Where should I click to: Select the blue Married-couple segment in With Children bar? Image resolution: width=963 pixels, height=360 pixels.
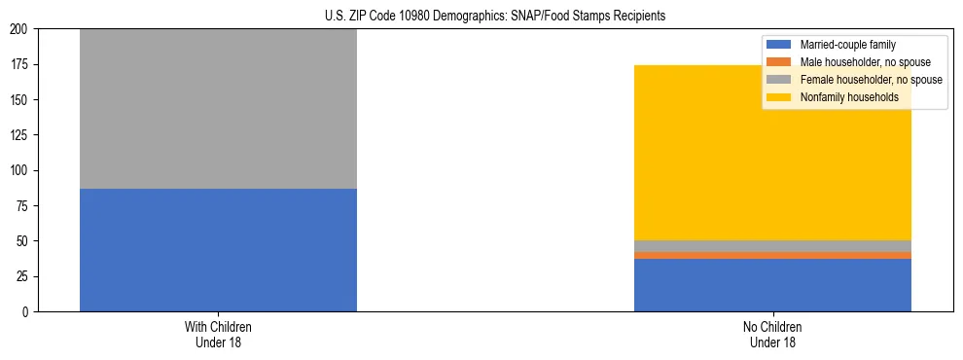[x=218, y=250]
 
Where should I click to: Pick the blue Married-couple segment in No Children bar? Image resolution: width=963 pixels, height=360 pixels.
[x=772, y=285]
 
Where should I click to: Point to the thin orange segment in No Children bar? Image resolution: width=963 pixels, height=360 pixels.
[x=772, y=255]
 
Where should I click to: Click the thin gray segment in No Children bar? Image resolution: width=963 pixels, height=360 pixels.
[x=772, y=246]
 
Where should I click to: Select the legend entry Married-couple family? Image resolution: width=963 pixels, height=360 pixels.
[x=847, y=45]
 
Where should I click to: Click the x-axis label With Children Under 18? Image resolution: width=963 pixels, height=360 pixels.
[x=218, y=334]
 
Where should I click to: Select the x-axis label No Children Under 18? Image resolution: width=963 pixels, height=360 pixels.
[x=772, y=334]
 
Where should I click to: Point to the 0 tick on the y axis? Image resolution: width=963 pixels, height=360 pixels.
[x=26, y=311]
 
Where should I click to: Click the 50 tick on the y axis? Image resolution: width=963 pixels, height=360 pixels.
[x=23, y=241]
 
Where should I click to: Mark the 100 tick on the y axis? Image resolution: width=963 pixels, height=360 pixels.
[x=20, y=170]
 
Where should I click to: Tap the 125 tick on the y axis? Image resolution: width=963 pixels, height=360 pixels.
[x=20, y=135]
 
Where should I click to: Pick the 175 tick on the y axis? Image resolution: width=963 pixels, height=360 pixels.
[x=20, y=65]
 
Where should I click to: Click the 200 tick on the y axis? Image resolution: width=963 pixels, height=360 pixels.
[x=20, y=29]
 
